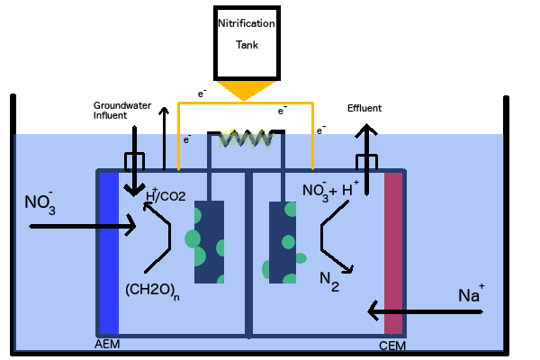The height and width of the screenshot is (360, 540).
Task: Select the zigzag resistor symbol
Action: [242, 139]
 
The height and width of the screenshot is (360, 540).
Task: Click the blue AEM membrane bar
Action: [110, 252]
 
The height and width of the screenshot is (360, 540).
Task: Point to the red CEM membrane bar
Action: [393, 252]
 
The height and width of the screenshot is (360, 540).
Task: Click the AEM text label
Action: [106, 345]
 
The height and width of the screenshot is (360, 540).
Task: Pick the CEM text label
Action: [390, 345]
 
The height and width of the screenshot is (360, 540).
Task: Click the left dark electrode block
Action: [209, 242]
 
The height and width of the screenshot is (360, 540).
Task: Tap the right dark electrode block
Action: [283, 242]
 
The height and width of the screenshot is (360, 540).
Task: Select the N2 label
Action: [329, 280]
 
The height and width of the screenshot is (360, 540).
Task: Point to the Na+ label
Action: [471, 294]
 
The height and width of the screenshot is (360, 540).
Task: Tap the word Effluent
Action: [364, 108]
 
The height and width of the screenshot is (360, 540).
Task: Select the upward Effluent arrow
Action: [365, 148]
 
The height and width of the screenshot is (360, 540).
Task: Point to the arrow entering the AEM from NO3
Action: [81, 226]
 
